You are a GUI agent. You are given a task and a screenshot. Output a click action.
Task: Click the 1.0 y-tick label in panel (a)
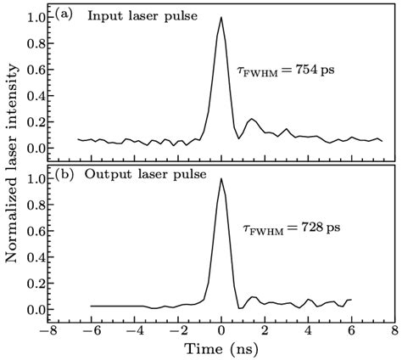point(34,17)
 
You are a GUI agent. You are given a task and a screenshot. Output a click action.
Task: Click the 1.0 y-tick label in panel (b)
point(34,179)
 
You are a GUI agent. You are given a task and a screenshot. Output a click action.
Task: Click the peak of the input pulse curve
point(221,18)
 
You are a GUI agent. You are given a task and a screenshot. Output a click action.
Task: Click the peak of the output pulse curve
point(221,179)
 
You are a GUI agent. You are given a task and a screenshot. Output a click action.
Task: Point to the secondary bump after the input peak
point(251,120)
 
